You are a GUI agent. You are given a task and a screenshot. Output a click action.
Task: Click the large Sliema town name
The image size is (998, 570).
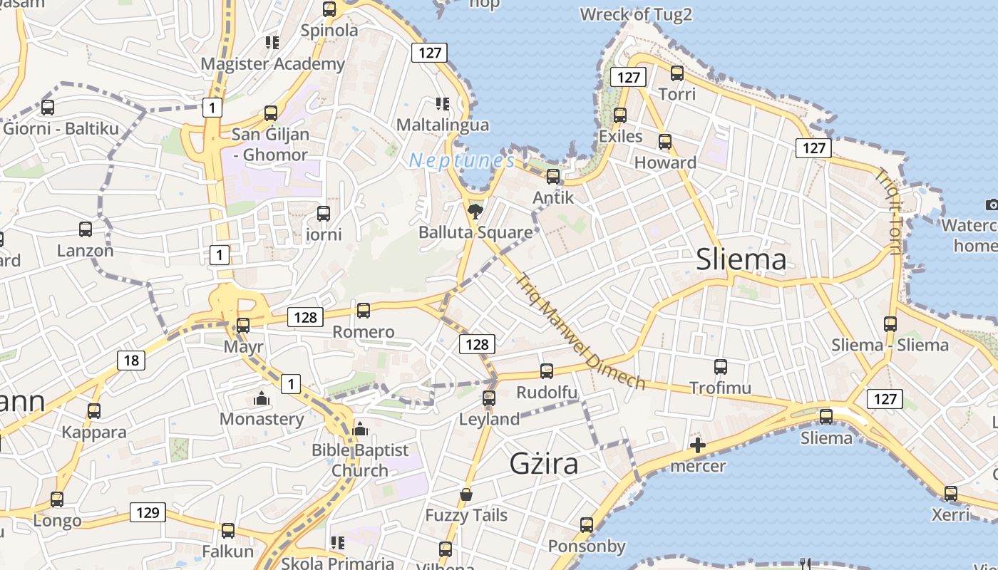(741, 259)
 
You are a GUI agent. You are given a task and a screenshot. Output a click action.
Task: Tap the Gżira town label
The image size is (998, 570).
(543, 464)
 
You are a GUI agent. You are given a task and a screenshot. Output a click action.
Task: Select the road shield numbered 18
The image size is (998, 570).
(131, 361)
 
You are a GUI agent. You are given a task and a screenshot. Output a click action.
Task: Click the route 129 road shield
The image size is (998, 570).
(148, 512)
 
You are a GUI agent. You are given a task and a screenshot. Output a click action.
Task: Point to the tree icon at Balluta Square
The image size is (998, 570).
(475, 211)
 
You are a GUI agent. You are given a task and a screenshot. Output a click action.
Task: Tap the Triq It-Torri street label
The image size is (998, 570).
(890, 211)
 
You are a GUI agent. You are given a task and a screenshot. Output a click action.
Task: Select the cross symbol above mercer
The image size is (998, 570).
(698, 446)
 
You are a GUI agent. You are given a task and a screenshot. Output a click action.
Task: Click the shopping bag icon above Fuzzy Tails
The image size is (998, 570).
(466, 494)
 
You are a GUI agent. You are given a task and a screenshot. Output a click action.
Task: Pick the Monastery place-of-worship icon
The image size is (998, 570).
(262, 398)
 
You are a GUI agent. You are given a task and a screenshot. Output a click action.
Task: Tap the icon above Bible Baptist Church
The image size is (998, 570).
(360, 429)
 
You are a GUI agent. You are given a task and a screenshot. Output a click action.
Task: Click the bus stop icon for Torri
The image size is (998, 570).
(677, 73)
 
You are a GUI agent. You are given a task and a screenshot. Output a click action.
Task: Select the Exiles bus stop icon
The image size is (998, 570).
(620, 115)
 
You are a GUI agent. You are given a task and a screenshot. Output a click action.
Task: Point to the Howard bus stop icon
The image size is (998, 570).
(665, 141)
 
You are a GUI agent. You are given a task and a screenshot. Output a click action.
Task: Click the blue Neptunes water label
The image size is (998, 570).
(462, 160)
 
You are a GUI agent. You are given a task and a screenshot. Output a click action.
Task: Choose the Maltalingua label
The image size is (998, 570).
(443, 125)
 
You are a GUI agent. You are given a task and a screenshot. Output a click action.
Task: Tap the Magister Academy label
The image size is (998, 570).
(272, 64)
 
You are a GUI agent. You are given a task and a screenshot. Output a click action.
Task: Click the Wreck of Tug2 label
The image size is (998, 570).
(636, 14)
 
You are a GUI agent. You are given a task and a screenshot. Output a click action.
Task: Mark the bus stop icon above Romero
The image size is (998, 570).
(364, 310)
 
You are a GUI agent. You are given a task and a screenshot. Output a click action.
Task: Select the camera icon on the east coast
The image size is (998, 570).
(992, 205)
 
